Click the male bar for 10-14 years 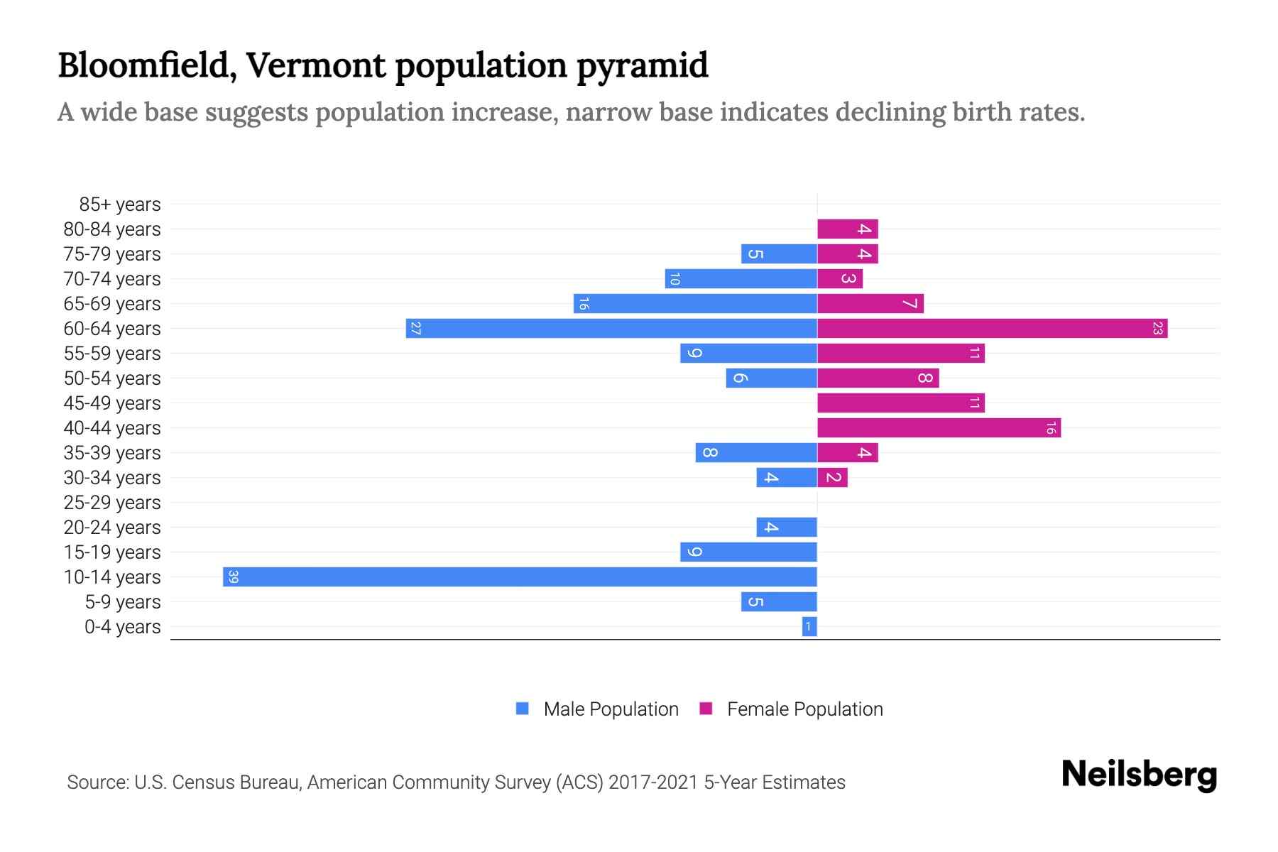520,577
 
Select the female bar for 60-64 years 992,328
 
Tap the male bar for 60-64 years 611,328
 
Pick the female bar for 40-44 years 939,427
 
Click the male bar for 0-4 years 809,626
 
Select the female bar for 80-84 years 847,229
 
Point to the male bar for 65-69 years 695,303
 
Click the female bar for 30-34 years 832,477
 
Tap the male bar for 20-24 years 787,527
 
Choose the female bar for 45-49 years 900,403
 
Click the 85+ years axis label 120,204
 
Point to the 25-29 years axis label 112,503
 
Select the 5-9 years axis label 123,602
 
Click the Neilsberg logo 1139,775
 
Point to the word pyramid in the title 642,65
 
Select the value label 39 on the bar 234,577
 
